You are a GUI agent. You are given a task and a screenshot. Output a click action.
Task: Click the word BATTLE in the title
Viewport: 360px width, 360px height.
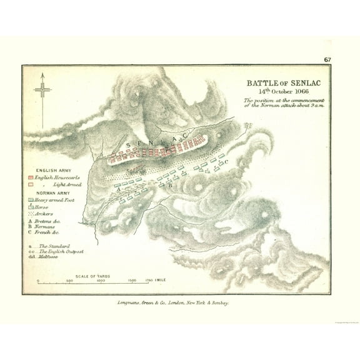(258, 82)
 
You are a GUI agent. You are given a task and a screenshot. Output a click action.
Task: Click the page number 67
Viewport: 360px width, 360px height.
(327, 60)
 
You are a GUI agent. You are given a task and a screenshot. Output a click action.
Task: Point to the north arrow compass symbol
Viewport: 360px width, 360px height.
(42, 90)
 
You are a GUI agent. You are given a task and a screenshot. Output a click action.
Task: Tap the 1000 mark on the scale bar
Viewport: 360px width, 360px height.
(101, 281)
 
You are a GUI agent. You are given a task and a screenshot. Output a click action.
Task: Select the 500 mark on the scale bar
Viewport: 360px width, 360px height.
(69, 281)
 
